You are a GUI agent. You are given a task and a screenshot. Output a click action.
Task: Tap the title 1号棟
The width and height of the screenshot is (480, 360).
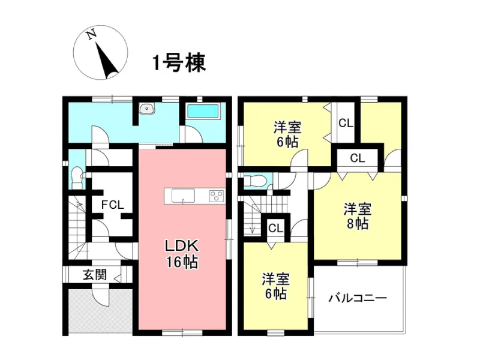(179, 63)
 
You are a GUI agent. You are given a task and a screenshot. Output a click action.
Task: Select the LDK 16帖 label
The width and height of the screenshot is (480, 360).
(182, 253)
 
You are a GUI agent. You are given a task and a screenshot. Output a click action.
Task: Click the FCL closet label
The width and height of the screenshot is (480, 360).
(113, 205)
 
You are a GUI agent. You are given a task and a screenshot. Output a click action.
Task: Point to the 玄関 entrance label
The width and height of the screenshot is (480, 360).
(95, 275)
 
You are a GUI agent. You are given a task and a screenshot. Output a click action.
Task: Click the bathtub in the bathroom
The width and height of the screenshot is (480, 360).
(203, 111)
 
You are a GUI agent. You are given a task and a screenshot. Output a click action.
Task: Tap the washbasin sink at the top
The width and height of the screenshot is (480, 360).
(147, 109)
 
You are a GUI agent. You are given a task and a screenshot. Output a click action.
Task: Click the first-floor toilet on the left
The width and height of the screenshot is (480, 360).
(77, 178)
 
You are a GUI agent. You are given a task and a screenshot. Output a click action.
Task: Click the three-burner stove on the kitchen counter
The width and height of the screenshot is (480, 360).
(217, 196)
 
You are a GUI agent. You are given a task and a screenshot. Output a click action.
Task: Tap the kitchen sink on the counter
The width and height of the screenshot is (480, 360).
(183, 196)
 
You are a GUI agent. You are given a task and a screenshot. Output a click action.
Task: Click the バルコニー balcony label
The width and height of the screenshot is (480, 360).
(358, 298)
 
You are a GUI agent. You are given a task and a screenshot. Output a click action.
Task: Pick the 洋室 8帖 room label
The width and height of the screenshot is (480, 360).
(358, 216)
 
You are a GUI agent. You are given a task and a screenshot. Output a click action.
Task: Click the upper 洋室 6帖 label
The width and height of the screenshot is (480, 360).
(287, 134)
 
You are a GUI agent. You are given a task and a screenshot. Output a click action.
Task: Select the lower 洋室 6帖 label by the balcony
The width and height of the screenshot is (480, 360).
(275, 286)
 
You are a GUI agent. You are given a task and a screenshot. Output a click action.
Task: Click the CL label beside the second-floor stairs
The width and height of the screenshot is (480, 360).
(276, 228)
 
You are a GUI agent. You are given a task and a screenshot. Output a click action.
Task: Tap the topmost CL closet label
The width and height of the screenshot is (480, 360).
(346, 123)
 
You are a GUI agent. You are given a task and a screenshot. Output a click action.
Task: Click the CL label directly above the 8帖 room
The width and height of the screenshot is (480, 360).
(358, 158)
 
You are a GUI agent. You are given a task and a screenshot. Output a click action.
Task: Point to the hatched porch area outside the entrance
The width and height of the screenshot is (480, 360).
(100, 311)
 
